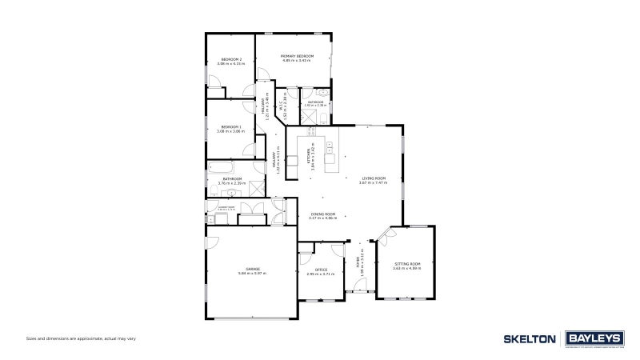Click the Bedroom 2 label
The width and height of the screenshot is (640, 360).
point(232,59)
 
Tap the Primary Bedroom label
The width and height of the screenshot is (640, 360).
point(297,55)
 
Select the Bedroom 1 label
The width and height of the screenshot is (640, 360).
point(232,126)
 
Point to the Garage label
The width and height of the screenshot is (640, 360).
point(253,269)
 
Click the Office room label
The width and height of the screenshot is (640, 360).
point(321,270)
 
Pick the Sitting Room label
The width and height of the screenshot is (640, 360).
point(406,263)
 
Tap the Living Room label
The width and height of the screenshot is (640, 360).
point(373,178)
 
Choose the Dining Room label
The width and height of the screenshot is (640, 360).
point(323,214)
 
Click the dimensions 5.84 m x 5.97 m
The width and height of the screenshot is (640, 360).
point(253,274)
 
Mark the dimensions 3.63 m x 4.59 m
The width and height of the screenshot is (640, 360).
point(406,268)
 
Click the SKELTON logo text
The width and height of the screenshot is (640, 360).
point(529,339)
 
